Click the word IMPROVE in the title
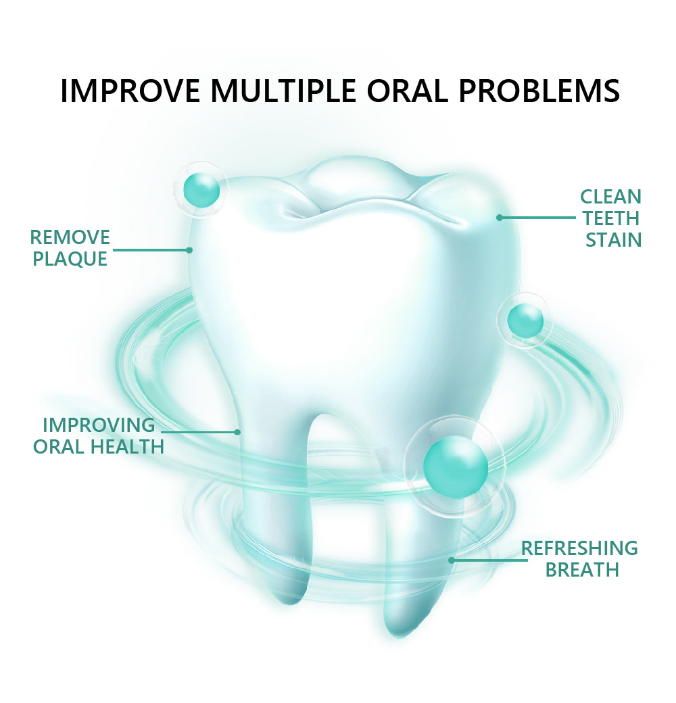click(130, 91)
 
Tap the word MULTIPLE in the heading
click(284, 91)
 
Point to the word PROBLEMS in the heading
click(539, 91)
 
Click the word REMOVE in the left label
click(70, 237)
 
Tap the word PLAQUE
click(70, 259)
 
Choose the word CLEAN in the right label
click(610, 197)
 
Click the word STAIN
click(613, 240)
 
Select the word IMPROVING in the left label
click(99, 425)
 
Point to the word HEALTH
click(127, 447)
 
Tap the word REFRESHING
click(579, 548)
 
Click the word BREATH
click(582, 569)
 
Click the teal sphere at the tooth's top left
click(201, 190)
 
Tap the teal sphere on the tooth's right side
click(525, 320)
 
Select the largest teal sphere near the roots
click(456, 466)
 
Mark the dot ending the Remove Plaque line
click(190, 250)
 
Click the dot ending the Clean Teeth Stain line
click(500, 218)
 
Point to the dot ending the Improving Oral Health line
click(237, 432)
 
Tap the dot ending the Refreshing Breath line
click(452, 560)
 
